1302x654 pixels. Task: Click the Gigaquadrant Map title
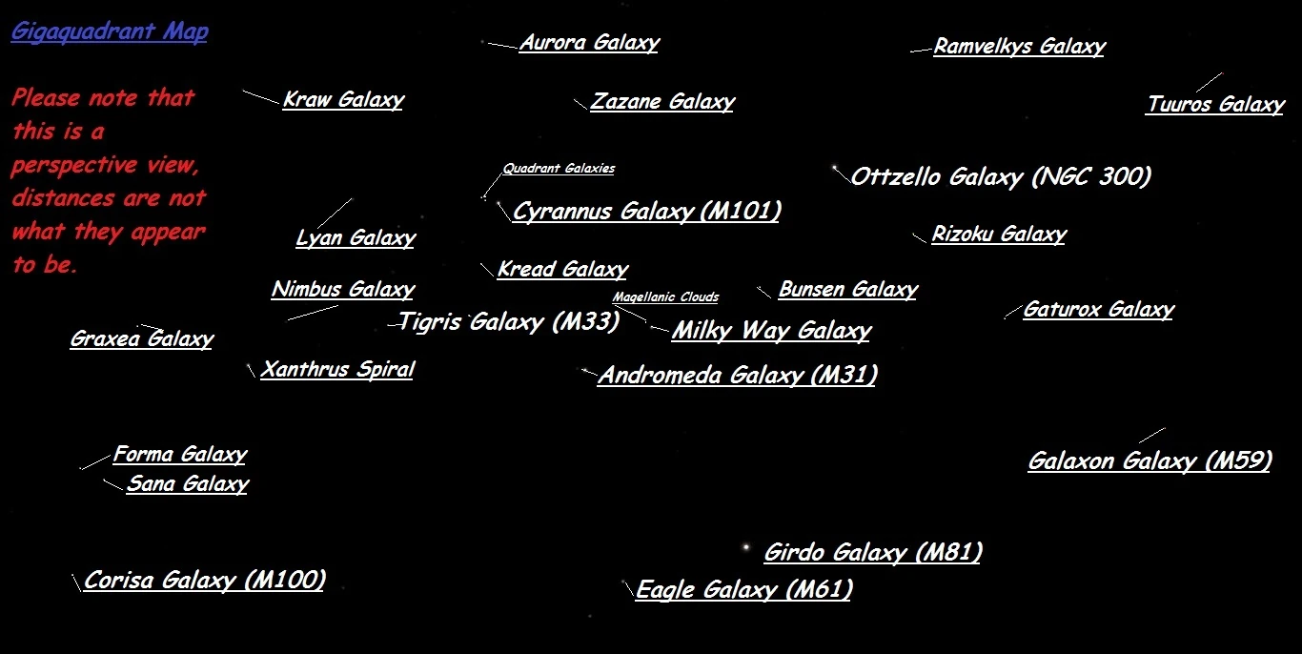pyautogui.click(x=110, y=31)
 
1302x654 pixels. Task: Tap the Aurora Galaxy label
pyautogui.click(x=588, y=43)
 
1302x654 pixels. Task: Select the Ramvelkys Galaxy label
pyautogui.click(x=1019, y=47)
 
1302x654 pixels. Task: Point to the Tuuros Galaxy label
pyautogui.click(x=1215, y=105)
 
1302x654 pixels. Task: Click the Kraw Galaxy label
pyautogui.click(x=343, y=100)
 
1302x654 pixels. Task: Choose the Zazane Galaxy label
pyautogui.click(x=662, y=102)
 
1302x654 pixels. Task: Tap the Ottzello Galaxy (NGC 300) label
pyautogui.click(x=1001, y=177)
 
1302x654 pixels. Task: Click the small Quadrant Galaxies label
pyautogui.click(x=559, y=169)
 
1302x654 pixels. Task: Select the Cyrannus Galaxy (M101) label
pyautogui.click(x=646, y=212)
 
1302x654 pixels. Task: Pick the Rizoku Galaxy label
pyautogui.click(x=999, y=235)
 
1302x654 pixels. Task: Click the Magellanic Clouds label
pyautogui.click(x=665, y=296)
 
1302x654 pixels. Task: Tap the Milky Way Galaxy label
pyautogui.click(x=771, y=331)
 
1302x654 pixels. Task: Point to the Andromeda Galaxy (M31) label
pyautogui.click(x=737, y=376)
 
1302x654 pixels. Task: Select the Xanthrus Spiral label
pyautogui.click(x=337, y=370)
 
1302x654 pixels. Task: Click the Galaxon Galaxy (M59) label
pyautogui.click(x=1149, y=461)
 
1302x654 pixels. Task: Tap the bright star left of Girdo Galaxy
pyautogui.click(x=745, y=548)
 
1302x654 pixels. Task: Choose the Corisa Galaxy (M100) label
pyautogui.click(x=205, y=581)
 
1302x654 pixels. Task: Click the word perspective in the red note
pyautogui.click(x=74, y=165)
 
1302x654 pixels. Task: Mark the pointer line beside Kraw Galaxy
pyautogui.click(x=260, y=97)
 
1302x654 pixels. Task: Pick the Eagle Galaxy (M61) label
pyautogui.click(x=743, y=590)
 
